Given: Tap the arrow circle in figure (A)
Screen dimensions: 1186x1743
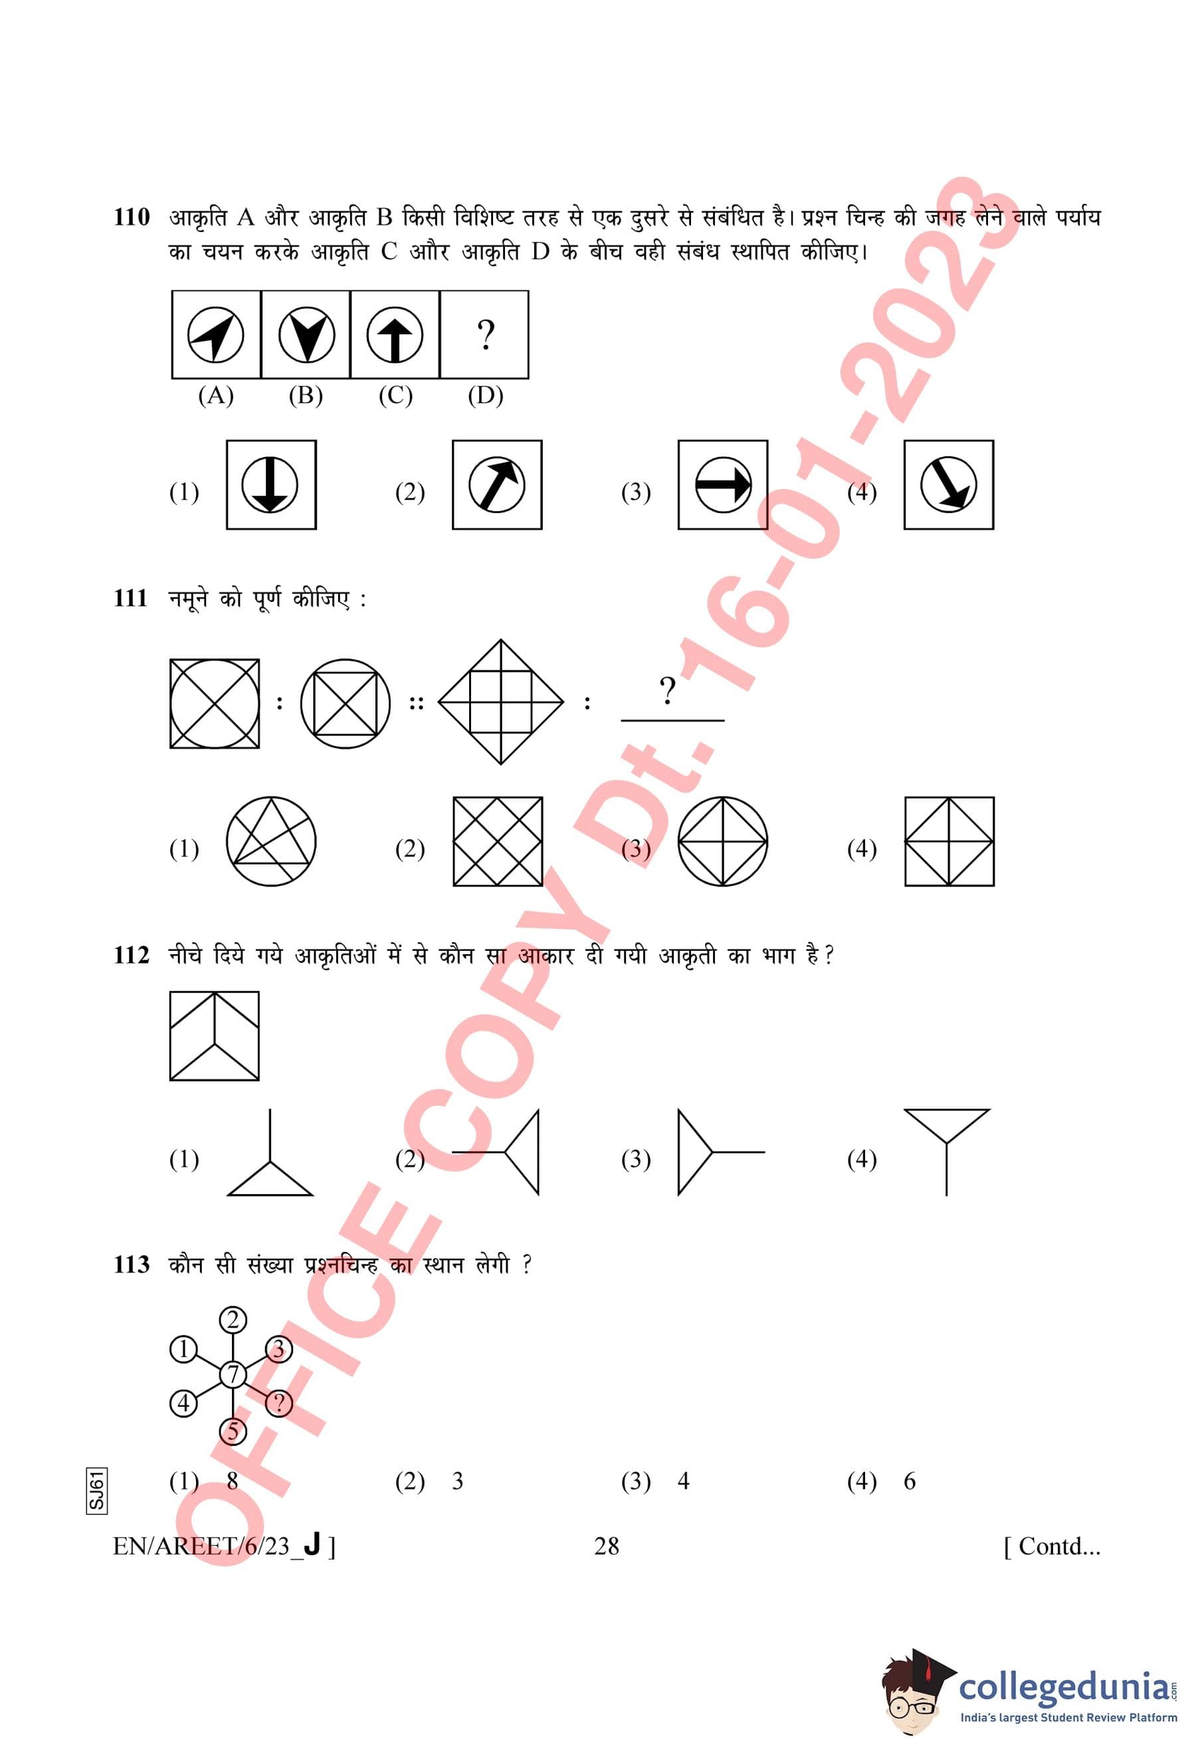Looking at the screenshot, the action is [x=215, y=334].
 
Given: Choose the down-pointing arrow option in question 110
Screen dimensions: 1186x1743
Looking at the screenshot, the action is [x=270, y=484].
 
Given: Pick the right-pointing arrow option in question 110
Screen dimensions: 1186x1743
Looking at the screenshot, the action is [x=723, y=484].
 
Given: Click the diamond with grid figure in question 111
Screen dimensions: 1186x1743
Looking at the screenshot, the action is [x=501, y=702].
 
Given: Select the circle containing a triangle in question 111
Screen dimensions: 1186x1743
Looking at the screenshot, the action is [x=270, y=841].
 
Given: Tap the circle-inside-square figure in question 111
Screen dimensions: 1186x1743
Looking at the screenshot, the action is [x=215, y=704].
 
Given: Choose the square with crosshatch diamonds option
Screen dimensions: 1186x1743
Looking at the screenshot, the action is [x=498, y=841].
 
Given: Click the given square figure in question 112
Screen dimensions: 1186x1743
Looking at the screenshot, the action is [x=215, y=1036].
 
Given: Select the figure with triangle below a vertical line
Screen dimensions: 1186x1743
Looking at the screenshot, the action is [x=270, y=1152].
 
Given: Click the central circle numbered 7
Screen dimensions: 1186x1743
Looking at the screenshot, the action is [x=233, y=1374].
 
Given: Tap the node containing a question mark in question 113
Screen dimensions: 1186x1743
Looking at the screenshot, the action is [x=279, y=1403].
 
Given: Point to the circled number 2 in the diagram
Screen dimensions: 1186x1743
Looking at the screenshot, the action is [x=233, y=1320].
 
